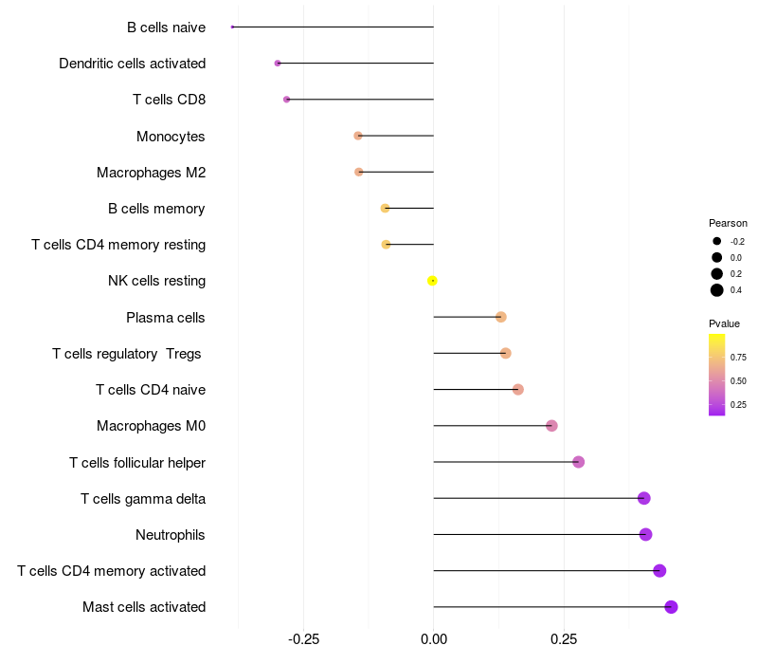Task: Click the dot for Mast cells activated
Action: pos(671,607)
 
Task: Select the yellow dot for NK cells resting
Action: pos(432,281)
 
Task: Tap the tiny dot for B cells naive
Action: pos(232,27)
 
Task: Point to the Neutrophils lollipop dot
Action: pos(645,534)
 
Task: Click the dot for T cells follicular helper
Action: pos(578,462)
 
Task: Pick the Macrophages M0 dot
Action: pos(551,426)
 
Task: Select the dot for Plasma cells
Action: pos(500,317)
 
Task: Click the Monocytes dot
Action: pos(358,136)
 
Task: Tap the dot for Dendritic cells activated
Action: pos(278,63)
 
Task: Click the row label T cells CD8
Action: pos(169,100)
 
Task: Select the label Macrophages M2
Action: pos(151,173)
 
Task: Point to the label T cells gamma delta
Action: pos(143,498)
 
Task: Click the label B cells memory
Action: pos(156,209)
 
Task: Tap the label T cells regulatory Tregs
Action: pos(127,354)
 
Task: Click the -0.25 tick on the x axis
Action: pos(303,639)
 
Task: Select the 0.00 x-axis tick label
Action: pos(433,639)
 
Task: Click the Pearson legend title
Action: pos(728,223)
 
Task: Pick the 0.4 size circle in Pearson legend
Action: pos(717,290)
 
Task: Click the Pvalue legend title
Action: pos(724,323)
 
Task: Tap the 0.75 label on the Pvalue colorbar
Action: pos(738,358)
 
